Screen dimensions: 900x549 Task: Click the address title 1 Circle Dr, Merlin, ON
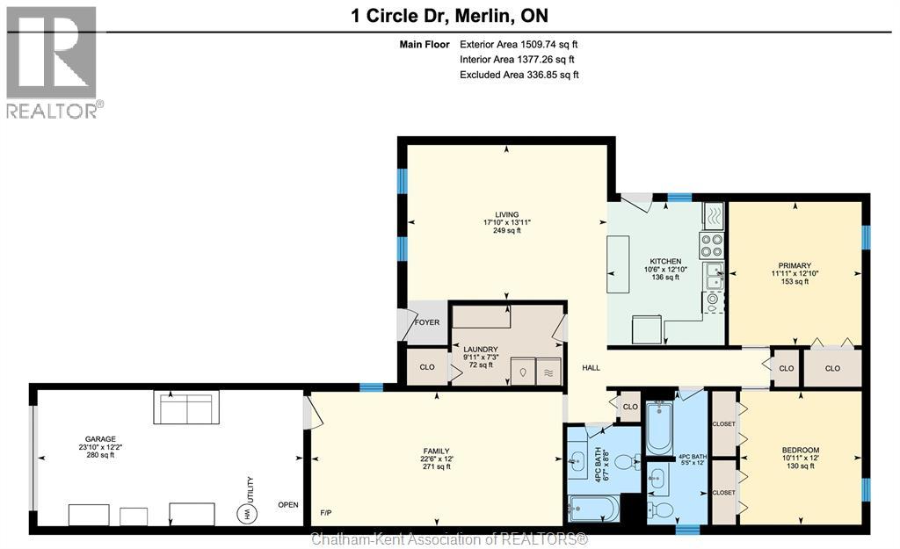[x=449, y=16]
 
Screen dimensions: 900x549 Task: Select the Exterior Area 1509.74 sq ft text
[x=519, y=44]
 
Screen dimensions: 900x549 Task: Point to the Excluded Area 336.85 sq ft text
[x=519, y=75]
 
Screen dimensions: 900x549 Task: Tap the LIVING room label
[x=507, y=214]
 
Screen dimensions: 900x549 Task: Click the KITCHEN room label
[x=665, y=262]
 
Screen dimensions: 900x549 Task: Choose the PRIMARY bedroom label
[x=795, y=265]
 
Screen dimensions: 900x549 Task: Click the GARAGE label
[x=100, y=439]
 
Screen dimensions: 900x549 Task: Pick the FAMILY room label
[x=436, y=451]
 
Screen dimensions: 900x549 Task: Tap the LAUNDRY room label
[x=481, y=350]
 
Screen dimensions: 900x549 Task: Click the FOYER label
[x=427, y=322]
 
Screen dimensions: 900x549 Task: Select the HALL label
[x=591, y=368]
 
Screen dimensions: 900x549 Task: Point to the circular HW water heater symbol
[x=246, y=512]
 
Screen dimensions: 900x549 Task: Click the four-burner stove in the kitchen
[x=712, y=246]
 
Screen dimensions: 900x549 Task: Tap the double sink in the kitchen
[x=715, y=276]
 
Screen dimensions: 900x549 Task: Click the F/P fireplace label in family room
[x=325, y=512]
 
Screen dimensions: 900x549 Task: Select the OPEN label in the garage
[x=288, y=505]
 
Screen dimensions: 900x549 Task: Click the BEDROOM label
[x=800, y=451]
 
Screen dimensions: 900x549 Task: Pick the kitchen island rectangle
[x=618, y=264]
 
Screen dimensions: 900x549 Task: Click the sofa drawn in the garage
[x=186, y=407]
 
